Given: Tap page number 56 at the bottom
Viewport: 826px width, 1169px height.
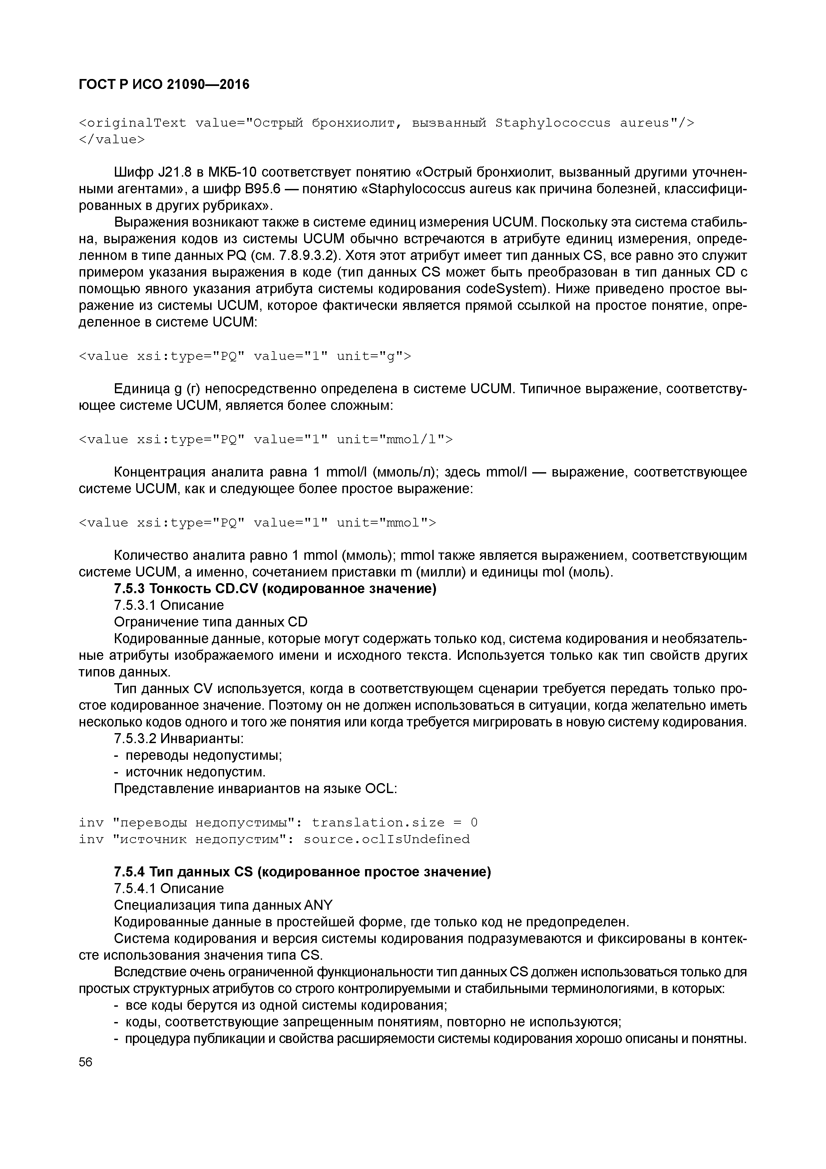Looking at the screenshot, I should (x=86, y=1062).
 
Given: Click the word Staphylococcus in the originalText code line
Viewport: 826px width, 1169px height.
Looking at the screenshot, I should (x=553, y=123).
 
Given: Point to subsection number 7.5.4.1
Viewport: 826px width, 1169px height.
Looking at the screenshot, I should (x=135, y=888).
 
